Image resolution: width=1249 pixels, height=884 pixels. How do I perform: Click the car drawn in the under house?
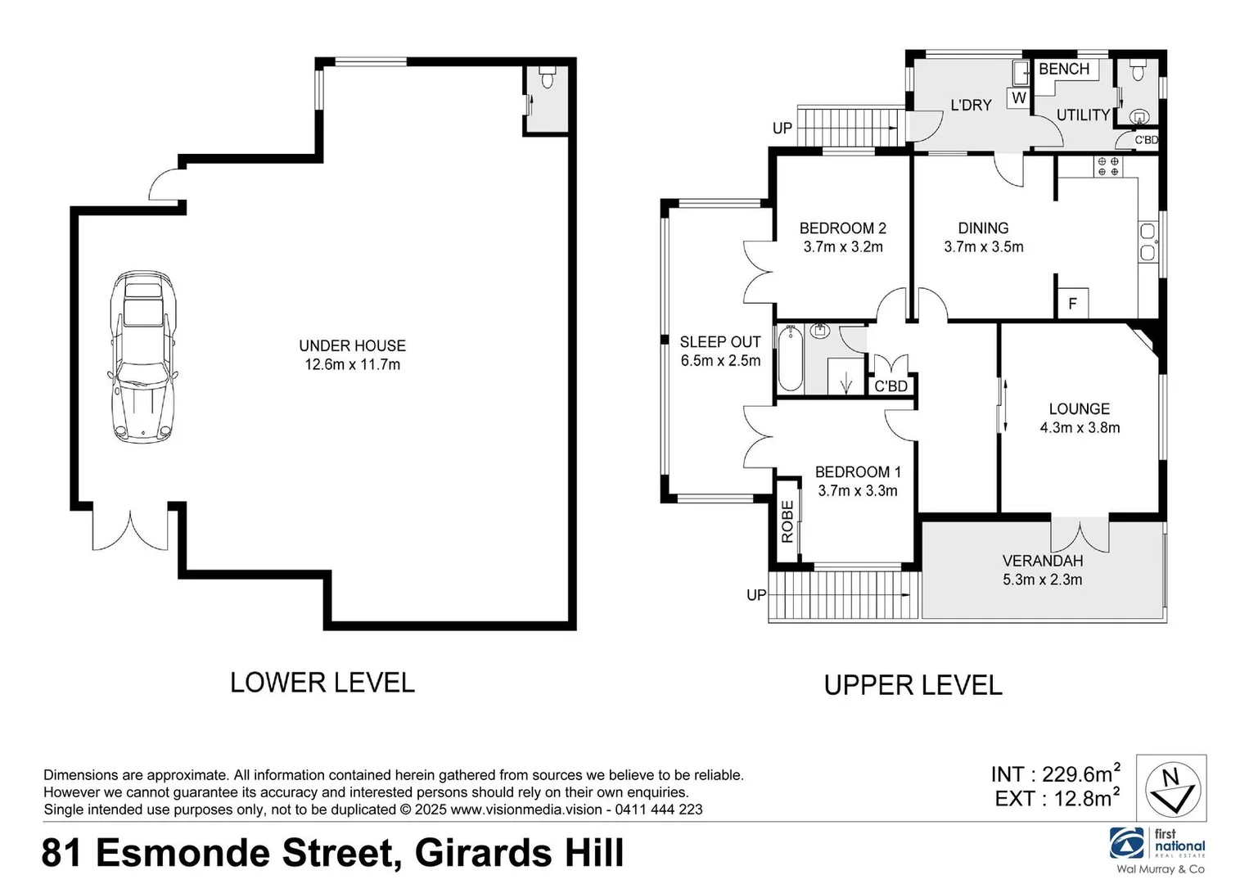point(143,357)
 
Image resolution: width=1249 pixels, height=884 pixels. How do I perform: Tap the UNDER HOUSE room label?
point(352,345)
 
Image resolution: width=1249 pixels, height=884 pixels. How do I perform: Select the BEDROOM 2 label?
point(842,228)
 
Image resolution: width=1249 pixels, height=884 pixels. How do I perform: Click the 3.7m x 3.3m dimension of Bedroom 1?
point(857,491)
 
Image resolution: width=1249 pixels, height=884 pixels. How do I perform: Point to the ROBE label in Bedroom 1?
point(787,521)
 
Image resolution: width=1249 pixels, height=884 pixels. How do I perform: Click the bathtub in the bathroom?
point(790,359)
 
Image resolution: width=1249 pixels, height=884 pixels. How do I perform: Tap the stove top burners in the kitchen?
point(1108,166)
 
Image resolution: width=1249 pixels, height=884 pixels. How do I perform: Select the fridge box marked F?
point(1072,304)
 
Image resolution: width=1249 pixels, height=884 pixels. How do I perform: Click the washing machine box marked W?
point(1019,97)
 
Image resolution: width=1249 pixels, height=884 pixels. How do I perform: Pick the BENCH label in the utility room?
point(1063,70)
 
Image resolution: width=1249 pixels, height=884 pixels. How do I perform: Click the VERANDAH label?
point(1042,561)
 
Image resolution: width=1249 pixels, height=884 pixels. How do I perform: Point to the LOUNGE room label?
point(1079,408)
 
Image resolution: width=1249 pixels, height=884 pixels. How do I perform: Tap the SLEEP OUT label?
point(719,342)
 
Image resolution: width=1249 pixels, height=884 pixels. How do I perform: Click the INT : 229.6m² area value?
point(1055,773)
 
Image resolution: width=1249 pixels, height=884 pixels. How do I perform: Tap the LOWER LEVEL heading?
point(322,683)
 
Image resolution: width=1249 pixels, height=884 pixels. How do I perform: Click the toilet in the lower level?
point(548,79)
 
